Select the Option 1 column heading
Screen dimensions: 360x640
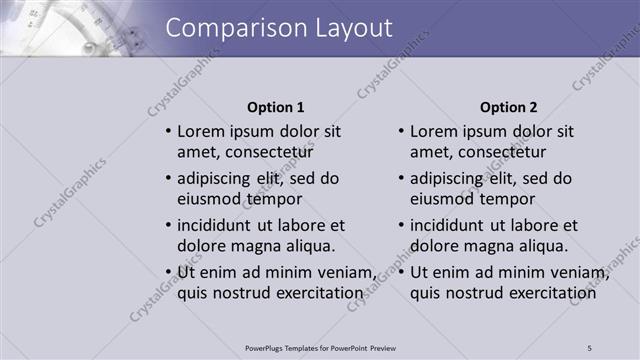[x=275, y=107]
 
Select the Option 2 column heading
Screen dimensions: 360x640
[x=508, y=107]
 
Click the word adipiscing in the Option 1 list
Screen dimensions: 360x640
[x=216, y=178]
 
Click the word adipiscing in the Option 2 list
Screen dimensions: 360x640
[x=449, y=178]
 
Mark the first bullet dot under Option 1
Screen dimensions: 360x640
[x=168, y=131]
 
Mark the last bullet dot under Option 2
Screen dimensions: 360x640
[x=401, y=272]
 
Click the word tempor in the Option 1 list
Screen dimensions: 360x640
[x=279, y=199]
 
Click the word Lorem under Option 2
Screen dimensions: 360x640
[x=432, y=131]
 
